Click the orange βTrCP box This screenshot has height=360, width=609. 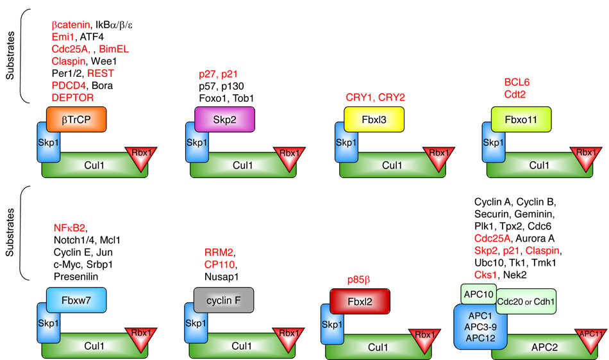[x=76, y=119]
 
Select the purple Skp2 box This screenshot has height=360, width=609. [x=224, y=119]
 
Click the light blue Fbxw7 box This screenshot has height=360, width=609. [x=76, y=300]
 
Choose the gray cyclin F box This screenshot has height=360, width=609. [x=224, y=300]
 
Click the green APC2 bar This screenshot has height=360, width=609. [x=538, y=347]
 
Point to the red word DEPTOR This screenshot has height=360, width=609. [x=72, y=97]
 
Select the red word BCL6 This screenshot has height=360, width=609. [x=517, y=83]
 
